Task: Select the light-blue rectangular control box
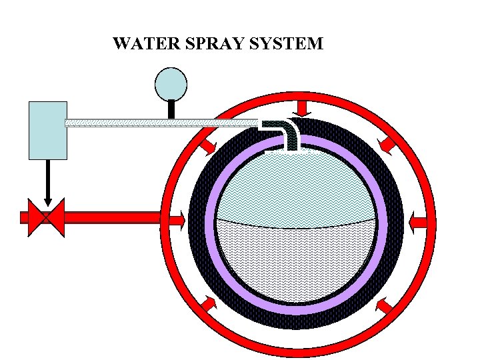(x=48, y=130)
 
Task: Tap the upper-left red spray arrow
(x=207, y=143)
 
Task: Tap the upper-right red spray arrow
(x=387, y=141)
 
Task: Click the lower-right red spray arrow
(x=385, y=305)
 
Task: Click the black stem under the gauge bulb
(x=171, y=109)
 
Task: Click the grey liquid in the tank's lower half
(x=297, y=260)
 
